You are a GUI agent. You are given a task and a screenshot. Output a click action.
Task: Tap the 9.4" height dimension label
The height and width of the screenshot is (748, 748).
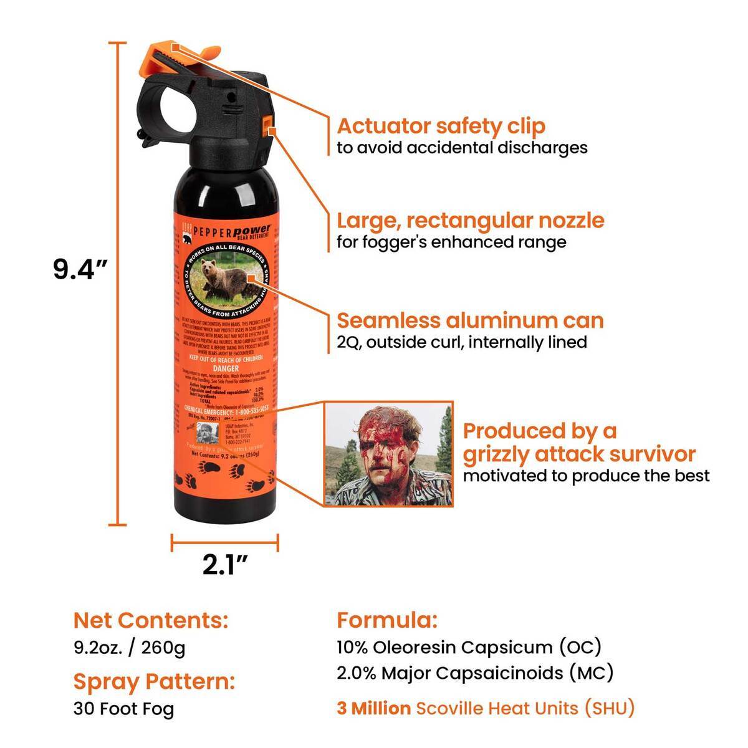(x=81, y=269)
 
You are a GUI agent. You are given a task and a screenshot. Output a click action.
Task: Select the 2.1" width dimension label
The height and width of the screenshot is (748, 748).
(x=225, y=564)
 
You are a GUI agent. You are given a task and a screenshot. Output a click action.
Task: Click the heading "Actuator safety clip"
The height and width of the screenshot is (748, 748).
(x=441, y=126)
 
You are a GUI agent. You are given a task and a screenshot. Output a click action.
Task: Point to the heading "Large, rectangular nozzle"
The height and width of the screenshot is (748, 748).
(x=471, y=221)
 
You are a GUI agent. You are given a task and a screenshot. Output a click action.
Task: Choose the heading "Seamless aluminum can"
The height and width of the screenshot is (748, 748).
(x=471, y=320)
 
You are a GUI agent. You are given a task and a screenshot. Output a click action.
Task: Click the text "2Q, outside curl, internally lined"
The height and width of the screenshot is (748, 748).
(x=462, y=342)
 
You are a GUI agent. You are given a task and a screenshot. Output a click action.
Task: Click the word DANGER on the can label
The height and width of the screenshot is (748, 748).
(x=226, y=368)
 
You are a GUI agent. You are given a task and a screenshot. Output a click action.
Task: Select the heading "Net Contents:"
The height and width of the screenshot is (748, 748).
(x=151, y=620)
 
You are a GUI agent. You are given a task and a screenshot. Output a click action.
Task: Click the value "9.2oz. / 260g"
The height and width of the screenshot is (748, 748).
(x=129, y=648)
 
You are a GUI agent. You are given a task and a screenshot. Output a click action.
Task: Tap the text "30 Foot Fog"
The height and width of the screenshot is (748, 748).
(x=123, y=709)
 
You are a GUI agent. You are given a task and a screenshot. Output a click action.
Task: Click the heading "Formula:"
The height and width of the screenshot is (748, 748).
(x=387, y=620)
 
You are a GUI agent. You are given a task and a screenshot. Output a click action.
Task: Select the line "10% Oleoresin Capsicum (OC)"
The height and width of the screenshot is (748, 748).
(x=469, y=647)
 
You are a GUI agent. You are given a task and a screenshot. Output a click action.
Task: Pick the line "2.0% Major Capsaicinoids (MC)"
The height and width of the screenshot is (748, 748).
(x=475, y=673)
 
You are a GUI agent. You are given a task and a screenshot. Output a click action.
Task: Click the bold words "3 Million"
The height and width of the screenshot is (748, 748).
(x=374, y=708)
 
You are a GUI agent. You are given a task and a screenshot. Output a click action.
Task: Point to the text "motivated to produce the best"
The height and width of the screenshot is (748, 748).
(x=586, y=476)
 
